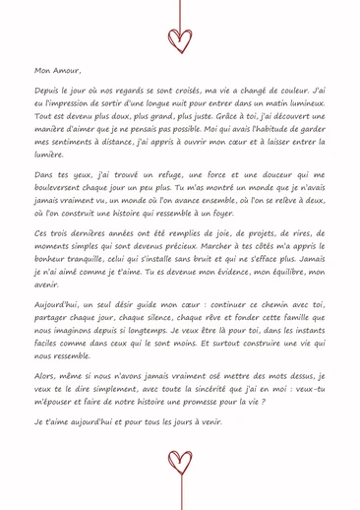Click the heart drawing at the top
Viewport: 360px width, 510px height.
(180, 38)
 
